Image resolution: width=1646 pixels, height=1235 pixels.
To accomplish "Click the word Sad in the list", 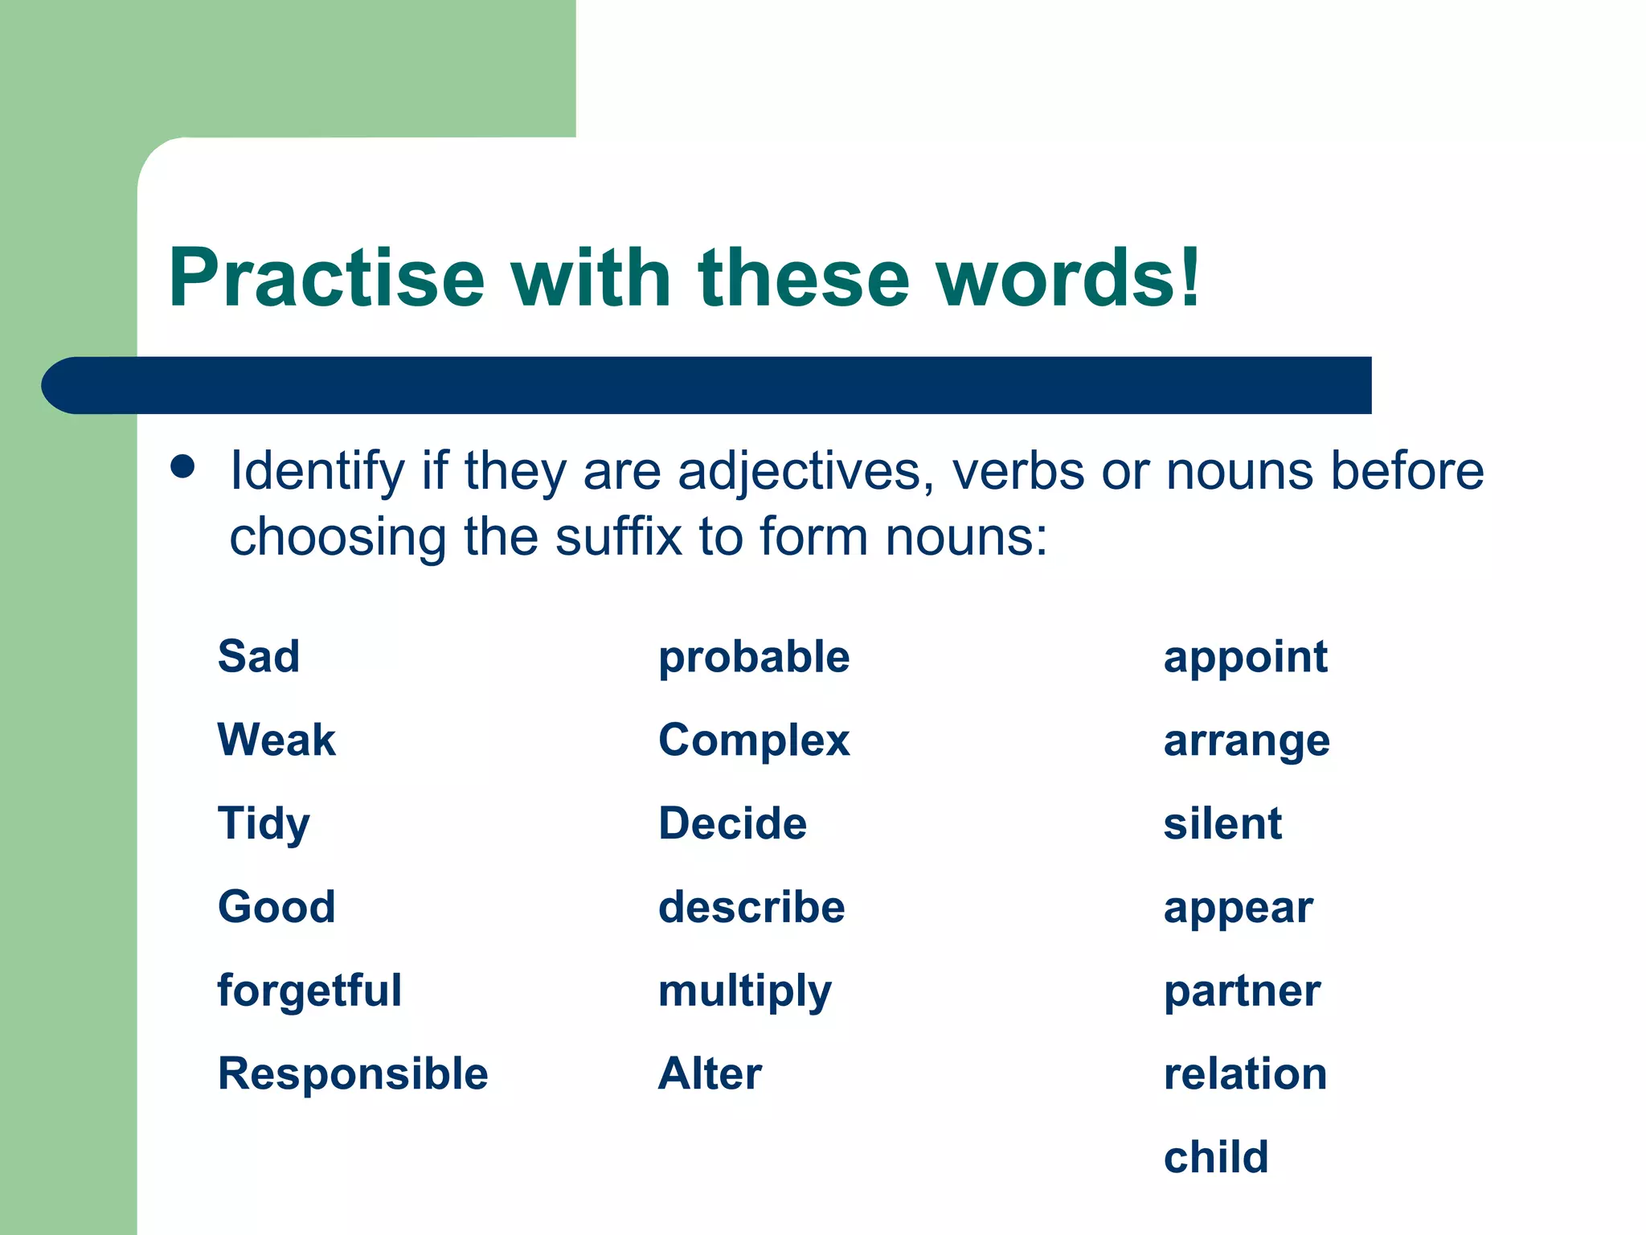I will click(259, 656).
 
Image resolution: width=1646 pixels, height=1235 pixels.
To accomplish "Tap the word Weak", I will click(276, 740).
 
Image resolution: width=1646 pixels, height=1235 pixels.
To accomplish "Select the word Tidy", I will click(264, 825).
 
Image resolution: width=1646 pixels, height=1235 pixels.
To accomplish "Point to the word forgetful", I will click(309, 991).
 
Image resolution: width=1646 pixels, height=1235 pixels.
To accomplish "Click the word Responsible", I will click(353, 1074).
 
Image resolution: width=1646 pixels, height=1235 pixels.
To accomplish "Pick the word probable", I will click(754, 658).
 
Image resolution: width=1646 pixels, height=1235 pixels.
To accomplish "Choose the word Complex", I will click(754, 741).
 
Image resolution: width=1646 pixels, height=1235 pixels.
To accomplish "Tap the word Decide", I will click(732, 824).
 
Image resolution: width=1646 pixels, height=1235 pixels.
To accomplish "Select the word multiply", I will click(745, 991).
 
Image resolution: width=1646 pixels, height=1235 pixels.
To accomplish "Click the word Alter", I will click(710, 1074).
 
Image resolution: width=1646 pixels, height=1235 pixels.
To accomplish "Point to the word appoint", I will click(1246, 658).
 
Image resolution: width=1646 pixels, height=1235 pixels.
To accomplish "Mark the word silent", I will click(1222, 824).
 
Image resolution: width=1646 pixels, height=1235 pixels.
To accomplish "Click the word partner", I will click(1242, 991).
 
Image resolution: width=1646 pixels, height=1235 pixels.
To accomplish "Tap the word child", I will click(1216, 1158).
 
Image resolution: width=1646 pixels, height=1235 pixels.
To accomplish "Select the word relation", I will click(1245, 1074).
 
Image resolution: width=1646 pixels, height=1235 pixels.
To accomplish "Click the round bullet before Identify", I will click(183, 467).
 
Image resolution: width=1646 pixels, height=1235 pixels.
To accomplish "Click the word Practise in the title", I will click(326, 278).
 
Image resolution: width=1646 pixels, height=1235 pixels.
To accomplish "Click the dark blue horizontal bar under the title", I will click(707, 385).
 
